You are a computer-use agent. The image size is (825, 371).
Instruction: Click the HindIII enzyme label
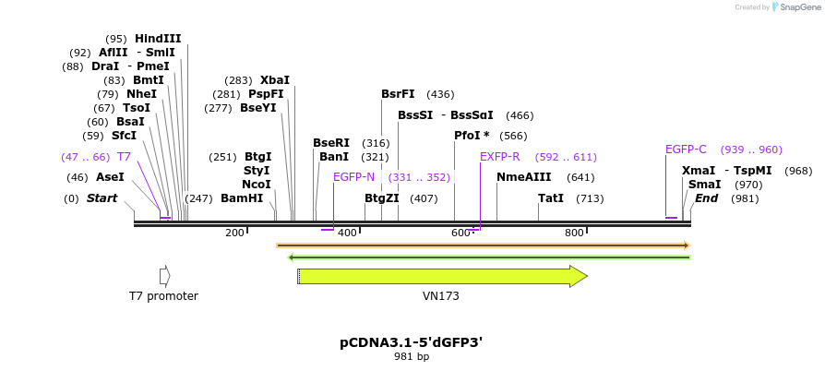[158, 39]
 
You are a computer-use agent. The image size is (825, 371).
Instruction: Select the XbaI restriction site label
[275, 80]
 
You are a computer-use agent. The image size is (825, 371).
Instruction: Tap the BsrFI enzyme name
[398, 94]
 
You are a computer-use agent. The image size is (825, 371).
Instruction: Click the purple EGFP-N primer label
[353, 176]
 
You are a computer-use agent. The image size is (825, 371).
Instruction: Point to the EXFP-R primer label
[499, 157]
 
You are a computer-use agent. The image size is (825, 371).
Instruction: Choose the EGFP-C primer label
[686, 150]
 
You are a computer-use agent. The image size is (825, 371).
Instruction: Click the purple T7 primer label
[124, 157]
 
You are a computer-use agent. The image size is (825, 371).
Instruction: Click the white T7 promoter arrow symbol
[164, 276]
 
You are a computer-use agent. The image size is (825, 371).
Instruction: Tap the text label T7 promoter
[163, 296]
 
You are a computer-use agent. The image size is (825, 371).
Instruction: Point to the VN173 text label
[435, 296]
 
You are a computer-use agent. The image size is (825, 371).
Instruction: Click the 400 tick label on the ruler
[347, 233]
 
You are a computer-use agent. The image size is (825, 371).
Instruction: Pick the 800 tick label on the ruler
[574, 233]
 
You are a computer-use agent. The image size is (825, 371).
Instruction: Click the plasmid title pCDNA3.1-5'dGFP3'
[412, 342]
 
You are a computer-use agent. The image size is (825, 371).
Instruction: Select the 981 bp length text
[412, 356]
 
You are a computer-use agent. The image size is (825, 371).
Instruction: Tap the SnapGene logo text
[800, 6]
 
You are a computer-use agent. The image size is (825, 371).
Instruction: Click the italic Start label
[102, 198]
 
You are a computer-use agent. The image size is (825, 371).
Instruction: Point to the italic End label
[706, 198]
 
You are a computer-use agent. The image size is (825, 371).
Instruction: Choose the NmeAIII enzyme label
[523, 177]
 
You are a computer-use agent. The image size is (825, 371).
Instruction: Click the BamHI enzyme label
[242, 198]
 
